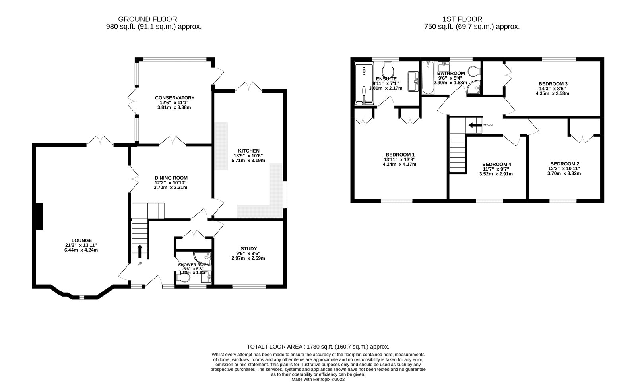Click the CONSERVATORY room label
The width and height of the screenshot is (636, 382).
click(x=175, y=98)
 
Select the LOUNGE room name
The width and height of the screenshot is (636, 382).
click(x=81, y=240)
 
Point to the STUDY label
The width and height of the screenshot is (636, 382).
click(x=248, y=248)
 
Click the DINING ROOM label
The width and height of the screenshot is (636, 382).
click(x=171, y=178)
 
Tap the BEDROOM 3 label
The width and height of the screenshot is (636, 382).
click(x=553, y=84)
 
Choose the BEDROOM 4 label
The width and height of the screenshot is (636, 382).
click(x=496, y=164)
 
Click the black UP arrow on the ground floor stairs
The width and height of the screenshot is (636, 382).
click(x=140, y=251)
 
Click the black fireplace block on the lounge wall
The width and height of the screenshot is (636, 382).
click(x=39, y=216)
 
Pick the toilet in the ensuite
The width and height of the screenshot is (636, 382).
click(x=388, y=70)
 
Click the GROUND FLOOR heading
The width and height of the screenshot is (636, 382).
click(x=147, y=19)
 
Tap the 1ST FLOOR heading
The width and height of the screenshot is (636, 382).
click(x=462, y=19)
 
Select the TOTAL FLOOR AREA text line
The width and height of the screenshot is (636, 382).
click(x=318, y=347)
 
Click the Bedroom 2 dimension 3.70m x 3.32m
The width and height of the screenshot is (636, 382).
click(x=564, y=173)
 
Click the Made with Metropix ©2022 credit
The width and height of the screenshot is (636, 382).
click(x=318, y=379)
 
